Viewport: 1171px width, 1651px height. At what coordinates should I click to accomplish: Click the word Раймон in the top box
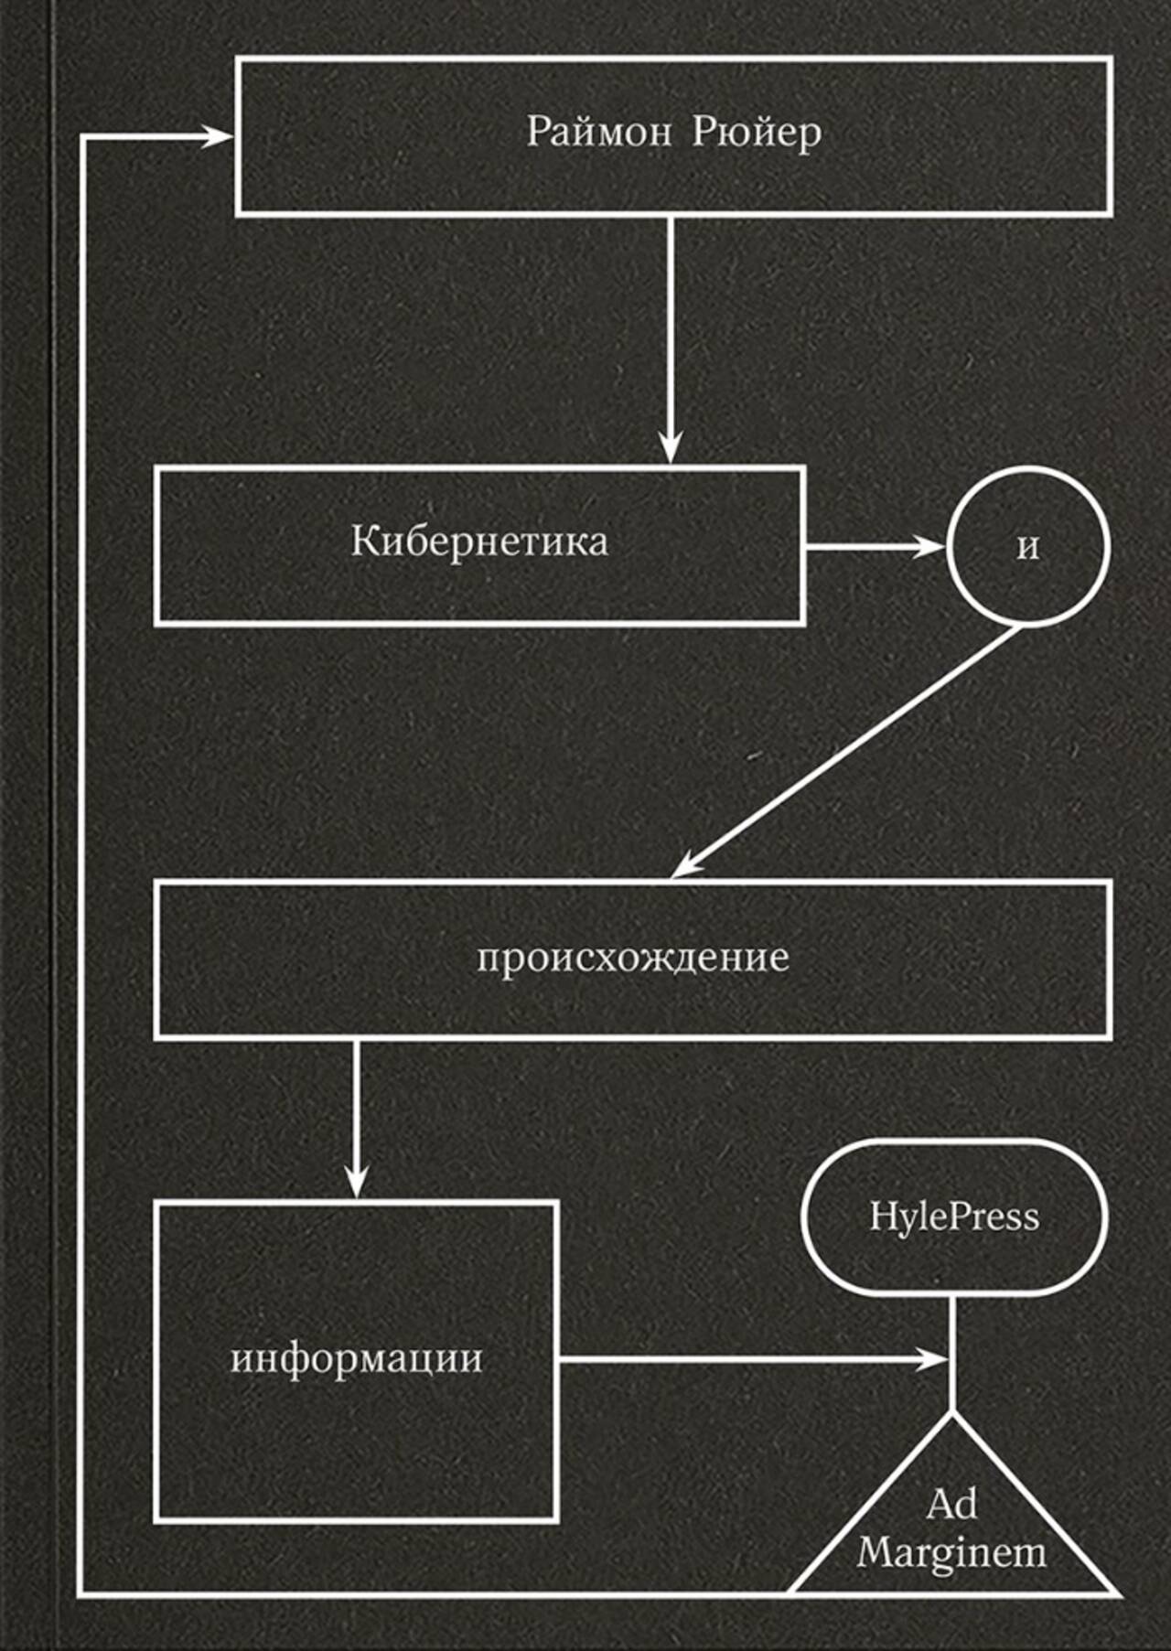coord(598,133)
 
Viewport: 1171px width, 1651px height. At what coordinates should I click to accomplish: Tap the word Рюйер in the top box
coord(757,134)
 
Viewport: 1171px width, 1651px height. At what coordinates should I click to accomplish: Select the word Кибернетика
coord(479,541)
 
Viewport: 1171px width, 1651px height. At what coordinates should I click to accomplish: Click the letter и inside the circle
coord(1028,547)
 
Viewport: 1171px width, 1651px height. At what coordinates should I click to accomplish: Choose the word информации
coord(357,1359)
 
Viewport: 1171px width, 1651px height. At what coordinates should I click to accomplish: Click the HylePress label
coord(954,1217)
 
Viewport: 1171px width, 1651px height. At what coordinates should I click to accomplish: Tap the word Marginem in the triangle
coord(951,1553)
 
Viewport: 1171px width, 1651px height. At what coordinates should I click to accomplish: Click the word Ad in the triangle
coord(951,1505)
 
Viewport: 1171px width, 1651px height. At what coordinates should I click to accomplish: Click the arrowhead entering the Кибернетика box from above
coord(671,448)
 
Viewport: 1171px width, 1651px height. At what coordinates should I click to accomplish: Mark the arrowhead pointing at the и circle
coord(928,547)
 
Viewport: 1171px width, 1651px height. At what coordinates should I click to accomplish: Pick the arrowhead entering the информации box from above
coord(356,1181)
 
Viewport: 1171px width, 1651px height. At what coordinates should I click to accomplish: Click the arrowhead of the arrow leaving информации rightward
coord(932,1359)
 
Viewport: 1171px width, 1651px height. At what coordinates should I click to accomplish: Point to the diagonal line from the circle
coord(846,752)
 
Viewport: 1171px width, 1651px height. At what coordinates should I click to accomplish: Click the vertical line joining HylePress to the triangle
coord(951,1355)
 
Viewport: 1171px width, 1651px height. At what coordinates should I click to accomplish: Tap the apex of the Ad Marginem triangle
coord(951,1413)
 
